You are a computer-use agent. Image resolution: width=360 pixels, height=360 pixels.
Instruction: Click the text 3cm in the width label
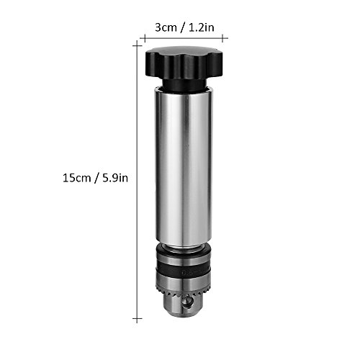[x=166, y=27]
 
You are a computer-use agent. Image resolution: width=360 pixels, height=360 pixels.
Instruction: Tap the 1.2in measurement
[x=201, y=27]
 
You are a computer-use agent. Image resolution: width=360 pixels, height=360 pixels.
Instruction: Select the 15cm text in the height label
[x=77, y=178]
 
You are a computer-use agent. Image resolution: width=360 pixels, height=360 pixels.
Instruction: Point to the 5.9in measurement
[x=115, y=178]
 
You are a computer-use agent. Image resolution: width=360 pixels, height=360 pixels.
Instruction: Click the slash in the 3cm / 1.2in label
[x=183, y=28]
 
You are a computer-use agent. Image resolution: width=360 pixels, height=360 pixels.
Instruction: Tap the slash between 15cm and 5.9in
[x=96, y=179]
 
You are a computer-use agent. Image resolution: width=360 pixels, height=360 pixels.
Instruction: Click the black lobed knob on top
[x=184, y=63]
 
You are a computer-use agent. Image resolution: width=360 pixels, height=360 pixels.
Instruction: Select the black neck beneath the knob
[x=184, y=85]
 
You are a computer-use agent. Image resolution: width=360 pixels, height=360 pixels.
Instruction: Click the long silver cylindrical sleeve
[x=184, y=166]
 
